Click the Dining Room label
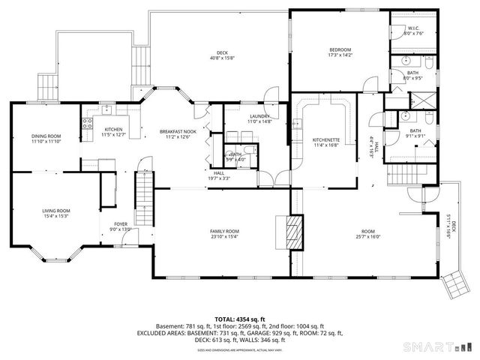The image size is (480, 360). coord(46,138)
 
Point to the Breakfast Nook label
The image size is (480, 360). coord(177,134)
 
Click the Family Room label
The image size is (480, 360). coord(224,233)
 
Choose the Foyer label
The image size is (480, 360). coord(120,226)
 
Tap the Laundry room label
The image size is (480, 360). coord(258,119)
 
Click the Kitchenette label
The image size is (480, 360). coord(326,142)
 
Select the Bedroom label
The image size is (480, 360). coord(340,52)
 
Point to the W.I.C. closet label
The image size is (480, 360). coord(414,31)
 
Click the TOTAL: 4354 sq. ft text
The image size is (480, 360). coord(239,319)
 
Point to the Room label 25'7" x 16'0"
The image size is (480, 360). coord(367,233)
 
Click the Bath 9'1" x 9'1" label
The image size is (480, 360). coord(415,133)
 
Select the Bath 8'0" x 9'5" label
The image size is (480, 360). coord(412,74)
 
